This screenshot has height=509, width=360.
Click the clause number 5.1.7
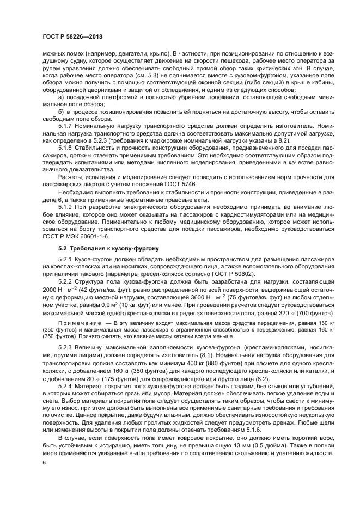coord(68,125)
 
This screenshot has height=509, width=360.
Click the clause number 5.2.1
coord(68,260)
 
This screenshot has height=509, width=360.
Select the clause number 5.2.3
coord(68,346)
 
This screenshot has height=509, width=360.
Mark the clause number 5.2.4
coord(68,385)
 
